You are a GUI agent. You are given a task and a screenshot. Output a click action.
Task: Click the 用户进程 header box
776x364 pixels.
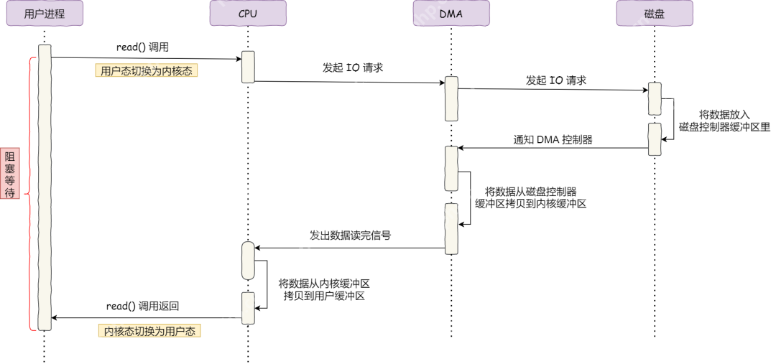(x=45, y=13)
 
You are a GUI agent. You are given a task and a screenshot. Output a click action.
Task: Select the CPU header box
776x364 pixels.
(x=248, y=13)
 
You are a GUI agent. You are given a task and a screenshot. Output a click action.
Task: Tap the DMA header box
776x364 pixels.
(x=451, y=13)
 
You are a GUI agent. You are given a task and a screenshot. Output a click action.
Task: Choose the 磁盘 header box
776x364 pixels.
(x=655, y=13)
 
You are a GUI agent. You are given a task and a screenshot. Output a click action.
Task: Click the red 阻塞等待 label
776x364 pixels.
(x=10, y=174)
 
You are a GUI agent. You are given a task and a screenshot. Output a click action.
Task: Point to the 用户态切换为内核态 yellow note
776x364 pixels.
(x=147, y=71)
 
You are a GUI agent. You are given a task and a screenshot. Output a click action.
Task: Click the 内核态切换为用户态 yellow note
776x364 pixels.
(x=149, y=331)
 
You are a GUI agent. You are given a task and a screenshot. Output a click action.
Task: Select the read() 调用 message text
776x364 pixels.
(x=142, y=47)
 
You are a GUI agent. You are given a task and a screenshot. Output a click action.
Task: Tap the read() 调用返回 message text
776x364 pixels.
(x=142, y=306)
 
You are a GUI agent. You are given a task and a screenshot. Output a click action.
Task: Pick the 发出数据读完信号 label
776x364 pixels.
(x=350, y=235)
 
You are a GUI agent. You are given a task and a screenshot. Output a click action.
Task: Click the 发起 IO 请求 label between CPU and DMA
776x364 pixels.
(x=353, y=68)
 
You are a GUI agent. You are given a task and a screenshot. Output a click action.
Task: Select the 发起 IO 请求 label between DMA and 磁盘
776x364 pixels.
(x=555, y=80)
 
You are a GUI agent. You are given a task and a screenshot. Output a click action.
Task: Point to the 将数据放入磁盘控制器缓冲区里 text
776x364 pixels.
(x=724, y=121)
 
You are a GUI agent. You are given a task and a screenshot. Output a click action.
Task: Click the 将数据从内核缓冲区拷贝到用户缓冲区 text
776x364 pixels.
(x=324, y=289)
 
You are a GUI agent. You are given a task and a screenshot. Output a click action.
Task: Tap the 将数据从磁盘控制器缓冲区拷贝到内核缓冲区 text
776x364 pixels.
(x=531, y=197)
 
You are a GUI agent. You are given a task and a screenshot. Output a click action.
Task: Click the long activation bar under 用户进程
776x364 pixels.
(x=45, y=187)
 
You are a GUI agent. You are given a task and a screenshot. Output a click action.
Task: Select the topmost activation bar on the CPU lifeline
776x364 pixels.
(x=248, y=67)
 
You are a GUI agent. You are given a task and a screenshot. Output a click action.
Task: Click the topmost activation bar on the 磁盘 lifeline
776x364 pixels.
(x=655, y=98)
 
